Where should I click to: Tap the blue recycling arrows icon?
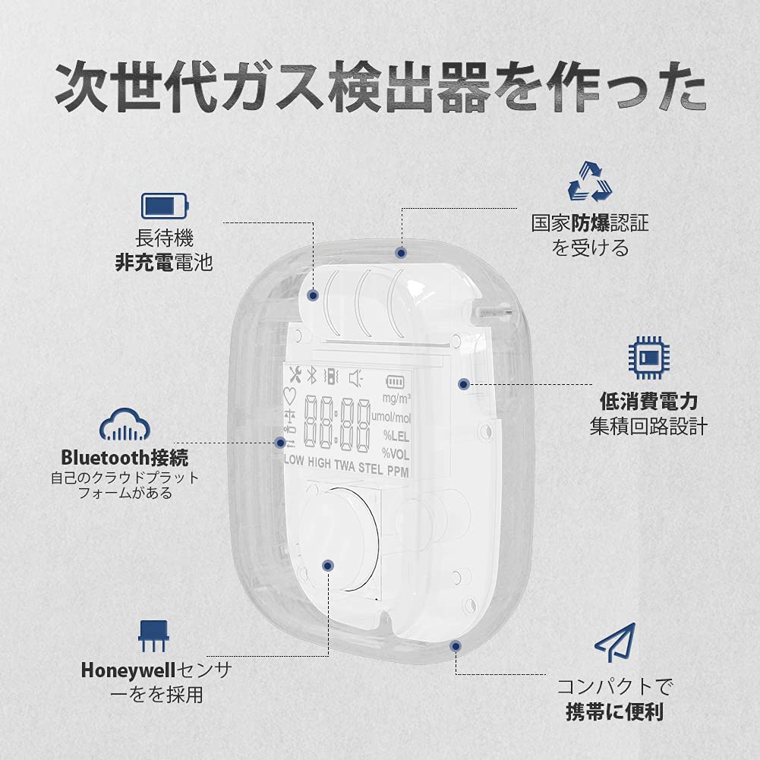click(589, 182)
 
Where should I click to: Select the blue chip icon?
click(648, 357)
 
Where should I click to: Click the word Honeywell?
click(128, 670)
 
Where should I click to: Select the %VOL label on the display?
click(396, 453)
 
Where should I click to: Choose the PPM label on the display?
click(398, 471)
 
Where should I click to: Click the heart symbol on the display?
click(289, 396)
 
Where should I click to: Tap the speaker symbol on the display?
click(355, 377)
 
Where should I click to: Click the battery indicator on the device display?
click(396, 380)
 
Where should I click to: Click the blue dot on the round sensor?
click(328, 565)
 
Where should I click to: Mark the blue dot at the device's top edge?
click(400, 251)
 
